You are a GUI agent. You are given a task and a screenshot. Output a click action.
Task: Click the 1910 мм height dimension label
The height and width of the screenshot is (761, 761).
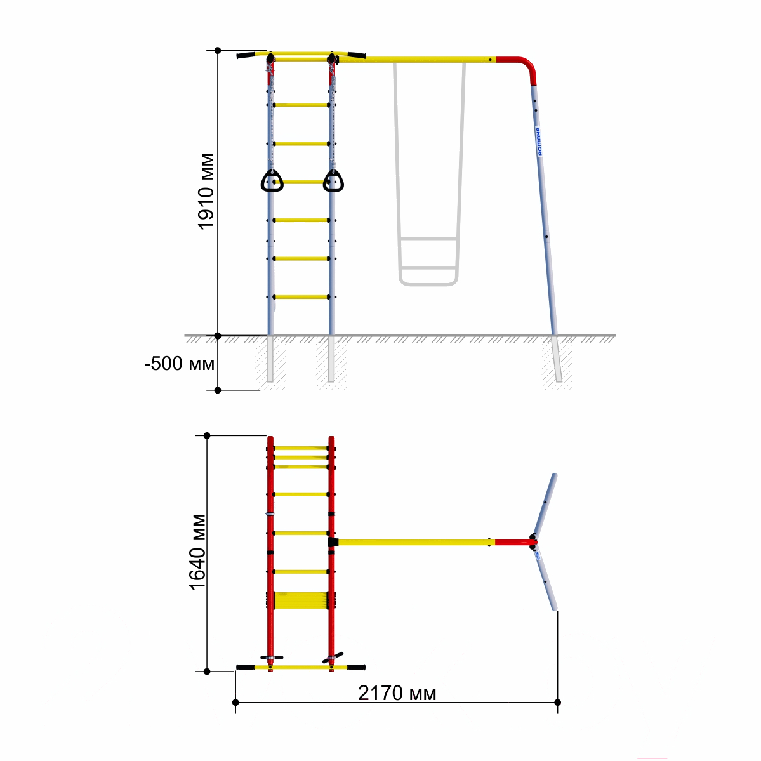tap(206, 191)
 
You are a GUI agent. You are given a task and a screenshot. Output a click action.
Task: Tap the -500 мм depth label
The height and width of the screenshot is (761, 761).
tap(179, 364)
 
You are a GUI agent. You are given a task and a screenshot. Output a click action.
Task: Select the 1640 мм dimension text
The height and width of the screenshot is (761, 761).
tap(197, 552)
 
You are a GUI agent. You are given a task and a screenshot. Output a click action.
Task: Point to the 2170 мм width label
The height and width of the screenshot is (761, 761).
tap(397, 693)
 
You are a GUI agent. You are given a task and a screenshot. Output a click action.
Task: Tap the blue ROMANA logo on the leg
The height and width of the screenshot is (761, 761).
tap(539, 142)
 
